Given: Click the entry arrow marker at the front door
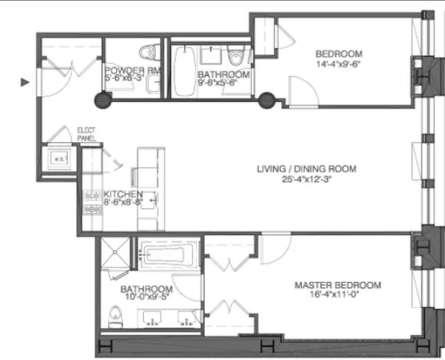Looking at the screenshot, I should [x=26, y=82].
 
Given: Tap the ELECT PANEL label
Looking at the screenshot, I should [x=86, y=134].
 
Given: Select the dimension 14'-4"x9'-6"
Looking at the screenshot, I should [x=339, y=63].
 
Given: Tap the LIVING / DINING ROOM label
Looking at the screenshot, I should [x=306, y=169].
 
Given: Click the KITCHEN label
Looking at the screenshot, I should [x=123, y=194].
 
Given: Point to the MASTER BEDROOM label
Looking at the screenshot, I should [x=337, y=285].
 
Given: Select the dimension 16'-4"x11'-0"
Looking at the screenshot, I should [x=337, y=295].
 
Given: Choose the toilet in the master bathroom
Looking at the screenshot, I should [x=116, y=315].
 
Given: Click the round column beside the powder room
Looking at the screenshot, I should [x=103, y=100].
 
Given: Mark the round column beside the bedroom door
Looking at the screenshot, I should [x=266, y=99].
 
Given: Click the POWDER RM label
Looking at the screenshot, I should [x=130, y=71].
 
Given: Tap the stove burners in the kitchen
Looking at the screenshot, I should [x=92, y=202].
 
